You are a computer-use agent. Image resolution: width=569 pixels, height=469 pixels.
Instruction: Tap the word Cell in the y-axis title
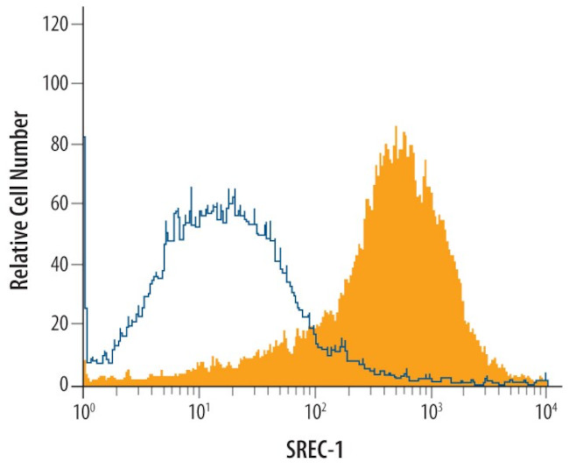18,191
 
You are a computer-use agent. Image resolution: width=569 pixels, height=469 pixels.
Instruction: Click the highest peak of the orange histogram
396,128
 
